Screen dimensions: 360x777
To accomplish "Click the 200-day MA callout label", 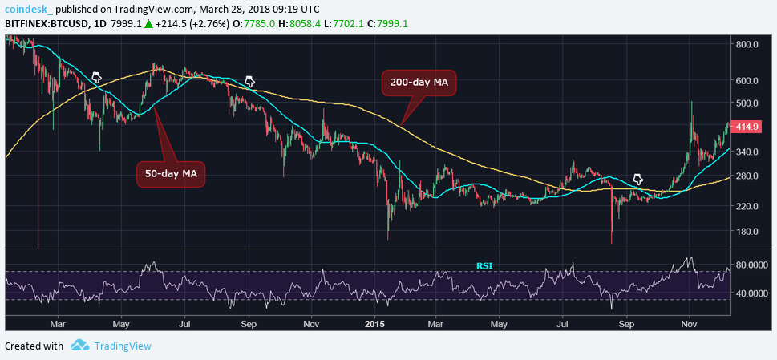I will (417, 83).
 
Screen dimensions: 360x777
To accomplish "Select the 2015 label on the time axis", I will (375, 323).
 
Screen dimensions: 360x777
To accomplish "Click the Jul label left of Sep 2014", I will (184, 323).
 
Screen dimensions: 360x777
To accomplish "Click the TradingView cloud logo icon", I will (79, 346).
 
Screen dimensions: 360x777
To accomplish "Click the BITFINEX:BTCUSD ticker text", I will (47, 24).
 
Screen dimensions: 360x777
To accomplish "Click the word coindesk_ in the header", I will (30, 8).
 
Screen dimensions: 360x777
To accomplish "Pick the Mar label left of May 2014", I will (57, 323).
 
